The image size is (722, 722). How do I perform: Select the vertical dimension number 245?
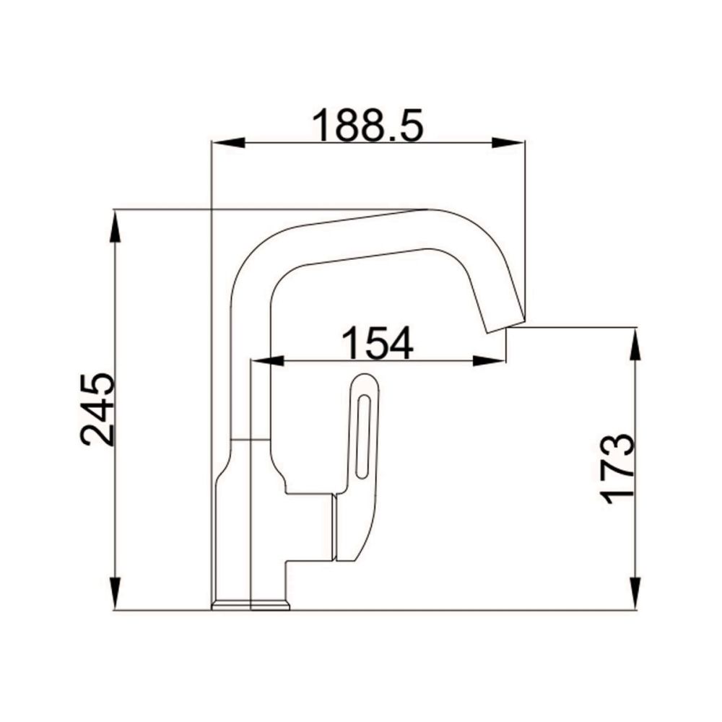pos(98,409)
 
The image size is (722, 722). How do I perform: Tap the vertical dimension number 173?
pos(618,468)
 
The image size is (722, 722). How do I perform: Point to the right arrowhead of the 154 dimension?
pos(492,360)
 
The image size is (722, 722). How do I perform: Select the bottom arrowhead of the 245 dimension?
pos(115,596)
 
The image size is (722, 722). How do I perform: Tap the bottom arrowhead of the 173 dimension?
pos(635,596)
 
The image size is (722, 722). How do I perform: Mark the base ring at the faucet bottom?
pos(251,605)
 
